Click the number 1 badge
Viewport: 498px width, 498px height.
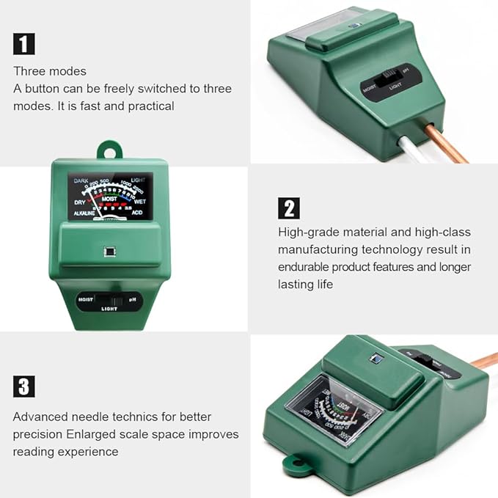(x=24, y=44)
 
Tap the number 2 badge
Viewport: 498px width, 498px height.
(x=289, y=208)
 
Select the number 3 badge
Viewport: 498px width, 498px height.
(x=24, y=387)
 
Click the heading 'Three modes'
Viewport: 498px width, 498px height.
(x=49, y=71)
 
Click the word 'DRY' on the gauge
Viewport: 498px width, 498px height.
(x=80, y=201)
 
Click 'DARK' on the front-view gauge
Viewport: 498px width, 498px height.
(x=81, y=180)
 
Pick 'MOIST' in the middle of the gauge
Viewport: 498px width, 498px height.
(x=110, y=199)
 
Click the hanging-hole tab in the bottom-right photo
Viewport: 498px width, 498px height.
(x=293, y=463)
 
